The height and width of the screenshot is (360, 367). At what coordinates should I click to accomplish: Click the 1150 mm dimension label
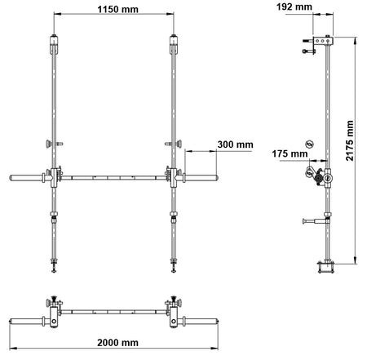(x=117, y=10)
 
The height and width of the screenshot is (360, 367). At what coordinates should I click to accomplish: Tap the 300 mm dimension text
(x=235, y=144)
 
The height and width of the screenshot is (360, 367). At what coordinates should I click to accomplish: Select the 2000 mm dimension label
(x=117, y=343)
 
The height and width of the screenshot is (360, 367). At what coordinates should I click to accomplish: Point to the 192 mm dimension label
(x=294, y=7)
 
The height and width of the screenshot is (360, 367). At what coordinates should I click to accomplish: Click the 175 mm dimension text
(x=290, y=153)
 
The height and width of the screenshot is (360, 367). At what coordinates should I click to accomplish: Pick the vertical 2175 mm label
(x=350, y=140)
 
